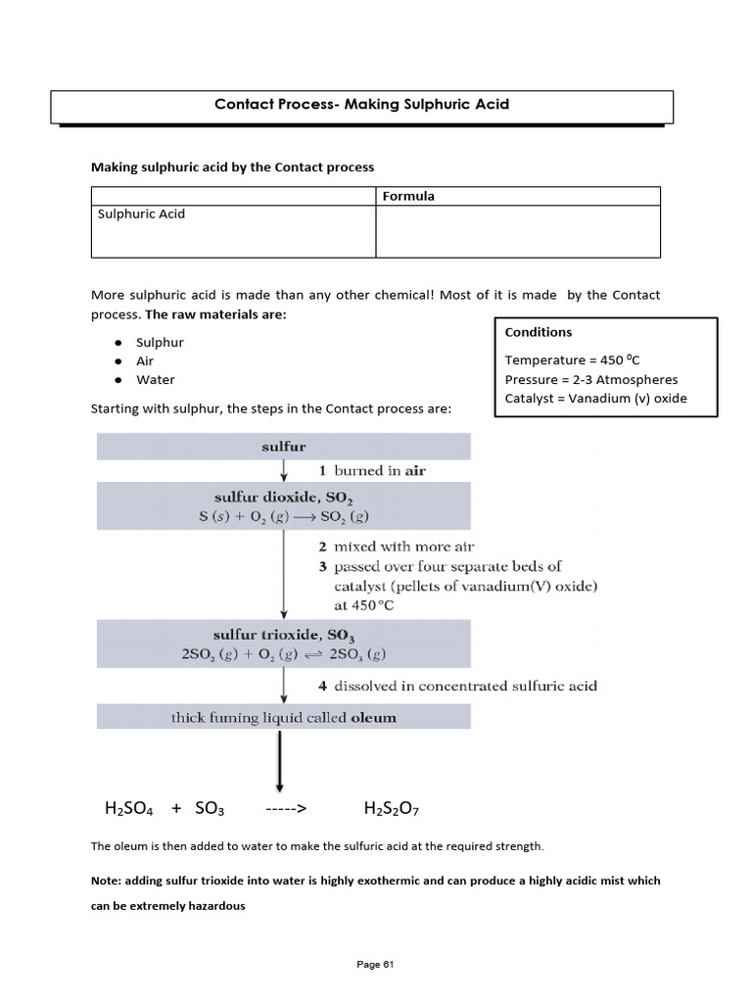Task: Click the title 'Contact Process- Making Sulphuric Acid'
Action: (361, 104)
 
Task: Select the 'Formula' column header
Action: (408, 196)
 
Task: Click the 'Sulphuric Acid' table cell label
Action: (141, 214)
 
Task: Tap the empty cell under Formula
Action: (517, 231)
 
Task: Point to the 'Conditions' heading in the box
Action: (539, 332)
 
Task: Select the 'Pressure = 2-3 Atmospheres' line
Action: (591, 379)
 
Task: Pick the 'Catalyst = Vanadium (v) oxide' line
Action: (595, 398)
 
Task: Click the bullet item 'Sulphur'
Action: (160, 342)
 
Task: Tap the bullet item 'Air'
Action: (145, 360)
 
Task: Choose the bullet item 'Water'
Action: (156, 379)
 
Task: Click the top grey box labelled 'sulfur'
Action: (283, 447)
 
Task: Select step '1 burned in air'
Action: (372, 470)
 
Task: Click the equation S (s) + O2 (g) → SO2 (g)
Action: (283, 516)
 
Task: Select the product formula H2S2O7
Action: (391, 809)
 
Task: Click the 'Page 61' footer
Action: (375, 965)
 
